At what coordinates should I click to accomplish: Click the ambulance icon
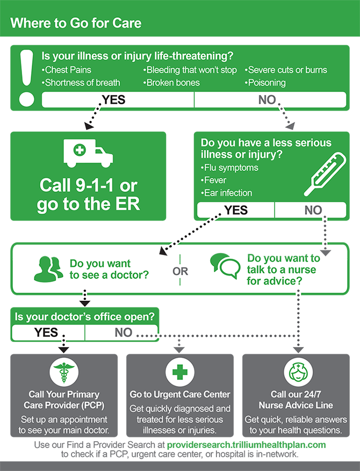tap(88, 153)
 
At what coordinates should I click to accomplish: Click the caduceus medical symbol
tap(64, 372)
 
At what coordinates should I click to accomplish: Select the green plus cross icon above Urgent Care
tap(179, 372)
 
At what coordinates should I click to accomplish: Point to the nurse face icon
tap(298, 372)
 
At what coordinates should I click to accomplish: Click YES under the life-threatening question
tap(114, 100)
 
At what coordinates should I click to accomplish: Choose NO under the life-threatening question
tap(267, 100)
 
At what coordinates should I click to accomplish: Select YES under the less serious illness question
tap(236, 210)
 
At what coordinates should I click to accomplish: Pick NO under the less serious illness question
tap(313, 210)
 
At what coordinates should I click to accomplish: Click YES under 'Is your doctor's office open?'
tap(46, 333)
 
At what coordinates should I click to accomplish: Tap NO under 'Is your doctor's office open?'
tap(123, 333)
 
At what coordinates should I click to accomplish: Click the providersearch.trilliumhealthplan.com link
tap(246, 445)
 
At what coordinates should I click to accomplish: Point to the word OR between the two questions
tap(181, 271)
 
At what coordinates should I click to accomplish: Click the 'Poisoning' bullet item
tap(265, 83)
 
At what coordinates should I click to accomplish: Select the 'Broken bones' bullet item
tap(172, 83)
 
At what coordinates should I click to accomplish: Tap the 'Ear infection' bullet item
tap(227, 193)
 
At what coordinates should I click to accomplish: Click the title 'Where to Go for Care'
tap(76, 23)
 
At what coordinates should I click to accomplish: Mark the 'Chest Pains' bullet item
tap(66, 70)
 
